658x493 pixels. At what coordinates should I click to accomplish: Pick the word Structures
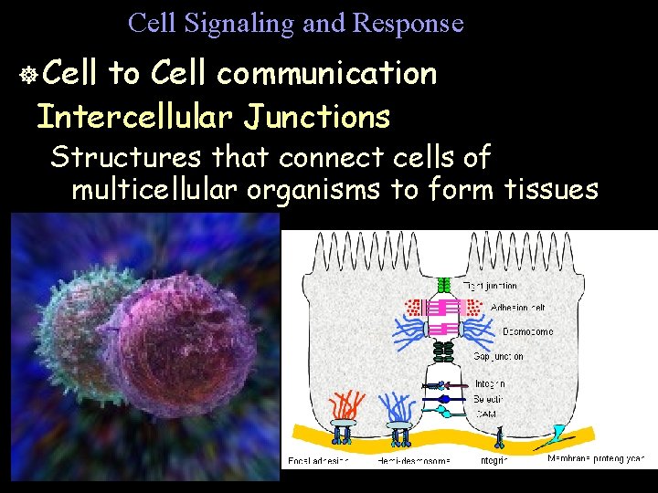tap(126, 157)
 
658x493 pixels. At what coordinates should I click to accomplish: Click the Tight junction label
tap(492, 287)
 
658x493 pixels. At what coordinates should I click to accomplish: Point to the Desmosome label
tap(525, 332)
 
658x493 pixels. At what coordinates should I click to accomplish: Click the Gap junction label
tap(498, 357)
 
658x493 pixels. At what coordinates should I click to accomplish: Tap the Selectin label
tap(489, 400)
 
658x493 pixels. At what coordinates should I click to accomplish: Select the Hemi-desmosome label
tap(414, 461)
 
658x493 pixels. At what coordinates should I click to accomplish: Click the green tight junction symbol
tap(444, 286)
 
